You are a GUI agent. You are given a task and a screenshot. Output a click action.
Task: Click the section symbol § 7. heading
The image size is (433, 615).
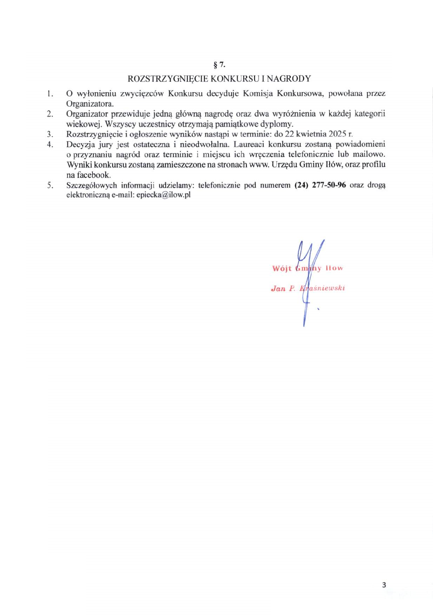pos(219,65)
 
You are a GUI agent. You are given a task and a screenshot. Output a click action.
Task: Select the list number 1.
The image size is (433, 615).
pos(50,94)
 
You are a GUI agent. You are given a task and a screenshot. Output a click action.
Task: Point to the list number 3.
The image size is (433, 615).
pos(50,134)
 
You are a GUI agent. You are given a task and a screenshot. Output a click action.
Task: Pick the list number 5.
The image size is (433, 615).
pos(50,185)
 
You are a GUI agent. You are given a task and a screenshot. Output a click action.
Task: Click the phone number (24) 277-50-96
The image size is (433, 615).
pos(320,185)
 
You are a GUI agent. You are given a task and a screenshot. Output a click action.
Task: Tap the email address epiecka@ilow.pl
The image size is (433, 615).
pos(163,195)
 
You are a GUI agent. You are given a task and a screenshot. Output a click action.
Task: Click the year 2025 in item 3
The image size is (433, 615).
pos(337,134)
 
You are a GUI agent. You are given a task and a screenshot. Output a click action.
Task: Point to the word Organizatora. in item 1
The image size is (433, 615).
pos(90,104)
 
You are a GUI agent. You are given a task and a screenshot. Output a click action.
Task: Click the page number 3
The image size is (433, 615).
pos(384,585)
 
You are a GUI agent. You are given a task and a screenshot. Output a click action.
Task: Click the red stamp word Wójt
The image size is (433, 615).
pos(282,268)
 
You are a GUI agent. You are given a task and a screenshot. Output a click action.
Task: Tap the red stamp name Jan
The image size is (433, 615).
pos(278,288)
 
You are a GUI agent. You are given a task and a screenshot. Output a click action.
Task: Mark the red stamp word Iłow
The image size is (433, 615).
pos(334,268)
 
